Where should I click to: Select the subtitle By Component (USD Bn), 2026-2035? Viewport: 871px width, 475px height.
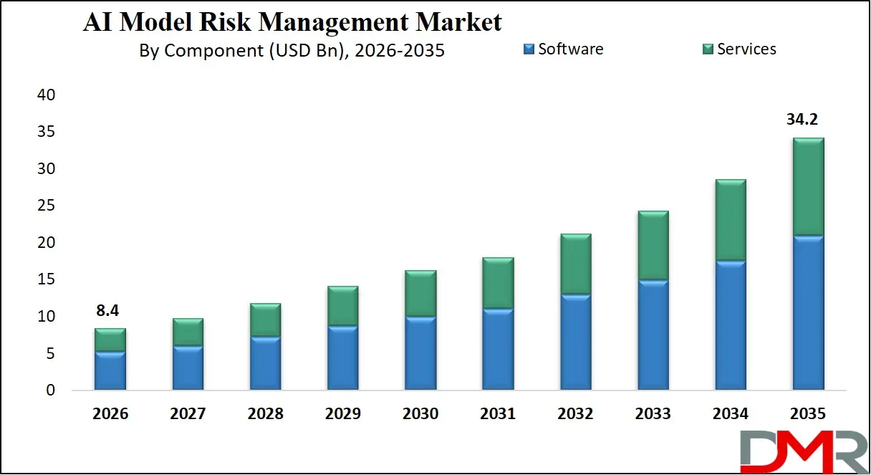coord(292,51)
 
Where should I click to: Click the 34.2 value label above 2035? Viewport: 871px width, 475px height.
coord(802,120)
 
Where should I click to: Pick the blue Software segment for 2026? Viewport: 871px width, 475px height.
coord(110,371)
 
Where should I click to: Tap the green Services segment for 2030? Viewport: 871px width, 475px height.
coord(421,294)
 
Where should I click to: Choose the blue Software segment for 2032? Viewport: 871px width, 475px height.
coord(576,342)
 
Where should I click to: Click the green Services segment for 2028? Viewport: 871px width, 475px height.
coord(266,320)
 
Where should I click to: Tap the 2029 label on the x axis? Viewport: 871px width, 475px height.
coord(343,414)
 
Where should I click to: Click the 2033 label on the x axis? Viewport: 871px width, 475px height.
coord(653,414)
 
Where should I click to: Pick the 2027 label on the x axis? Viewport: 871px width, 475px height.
coord(188,414)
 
